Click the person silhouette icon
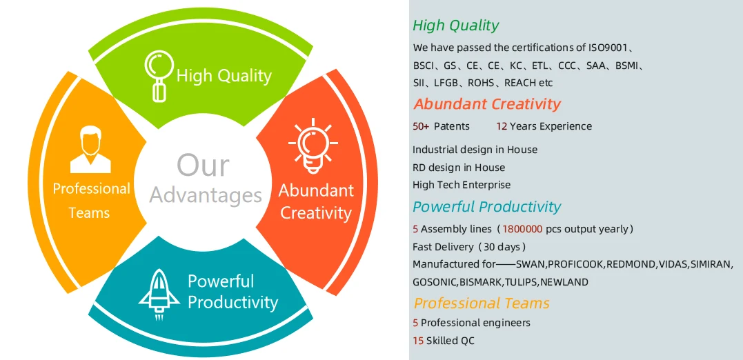(x=90, y=149)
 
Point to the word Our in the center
(x=203, y=166)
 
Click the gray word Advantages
(x=206, y=194)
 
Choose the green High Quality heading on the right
(x=456, y=25)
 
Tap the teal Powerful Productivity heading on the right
(x=486, y=206)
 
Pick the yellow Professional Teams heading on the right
(x=482, y=303)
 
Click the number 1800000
(x=522, y=229)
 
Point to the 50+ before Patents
(x=421, y=126)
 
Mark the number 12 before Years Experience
(x=502, y=126)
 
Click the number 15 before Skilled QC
(x=418, y=341)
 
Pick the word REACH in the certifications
(x=521, y=83)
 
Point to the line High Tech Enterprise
(x=462, y=185)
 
